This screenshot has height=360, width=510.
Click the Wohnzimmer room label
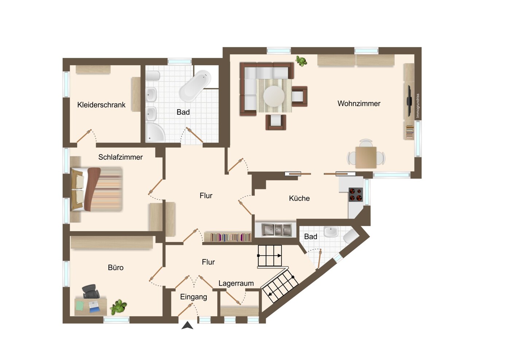pos(359,104)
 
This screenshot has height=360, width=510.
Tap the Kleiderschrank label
pos(101,105)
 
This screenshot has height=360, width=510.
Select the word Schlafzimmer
pos(120,157)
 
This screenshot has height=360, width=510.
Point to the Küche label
pos(299,198)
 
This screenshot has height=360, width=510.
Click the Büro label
pos(116,267)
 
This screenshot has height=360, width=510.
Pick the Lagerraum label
pos(236,283)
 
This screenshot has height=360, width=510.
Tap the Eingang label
pos(194,297)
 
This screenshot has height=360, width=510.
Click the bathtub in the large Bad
pos(195,85)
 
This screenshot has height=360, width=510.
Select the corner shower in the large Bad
pos(155,132)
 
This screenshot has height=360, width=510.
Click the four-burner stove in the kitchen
pos(356,195)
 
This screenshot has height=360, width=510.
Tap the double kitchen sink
pos(276,230)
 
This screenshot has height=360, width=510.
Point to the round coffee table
pos(274,96)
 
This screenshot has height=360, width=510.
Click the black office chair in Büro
pos(91,291)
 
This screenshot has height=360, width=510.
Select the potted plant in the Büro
pos(118,307)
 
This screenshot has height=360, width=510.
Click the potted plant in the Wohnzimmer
pos(301,61)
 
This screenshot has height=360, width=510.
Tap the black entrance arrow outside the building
pos(187,326)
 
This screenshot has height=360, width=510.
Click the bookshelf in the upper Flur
pos(228,237)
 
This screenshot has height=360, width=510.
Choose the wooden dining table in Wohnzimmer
pos(366,157)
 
